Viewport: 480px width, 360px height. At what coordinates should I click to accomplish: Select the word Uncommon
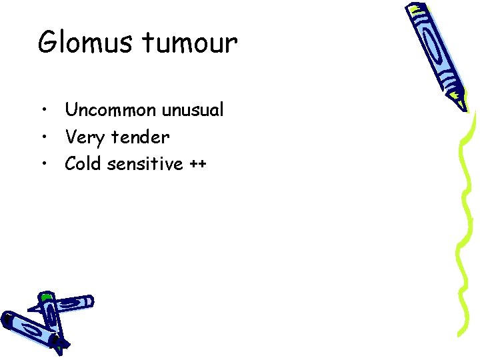111,110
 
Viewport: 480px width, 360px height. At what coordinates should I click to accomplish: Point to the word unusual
193,110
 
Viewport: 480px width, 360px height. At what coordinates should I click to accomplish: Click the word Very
85,137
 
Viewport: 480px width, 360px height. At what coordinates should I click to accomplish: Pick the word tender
141,137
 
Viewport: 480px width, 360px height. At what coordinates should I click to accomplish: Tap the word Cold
83,164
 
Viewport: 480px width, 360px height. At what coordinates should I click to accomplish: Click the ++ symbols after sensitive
198,164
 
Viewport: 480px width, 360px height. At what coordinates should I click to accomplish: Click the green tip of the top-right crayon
459,102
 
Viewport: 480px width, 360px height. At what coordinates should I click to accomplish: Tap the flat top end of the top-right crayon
416,9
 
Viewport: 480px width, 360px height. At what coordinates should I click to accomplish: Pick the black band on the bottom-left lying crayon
6,321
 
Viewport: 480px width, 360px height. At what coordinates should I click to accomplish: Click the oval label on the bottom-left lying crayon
30,330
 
